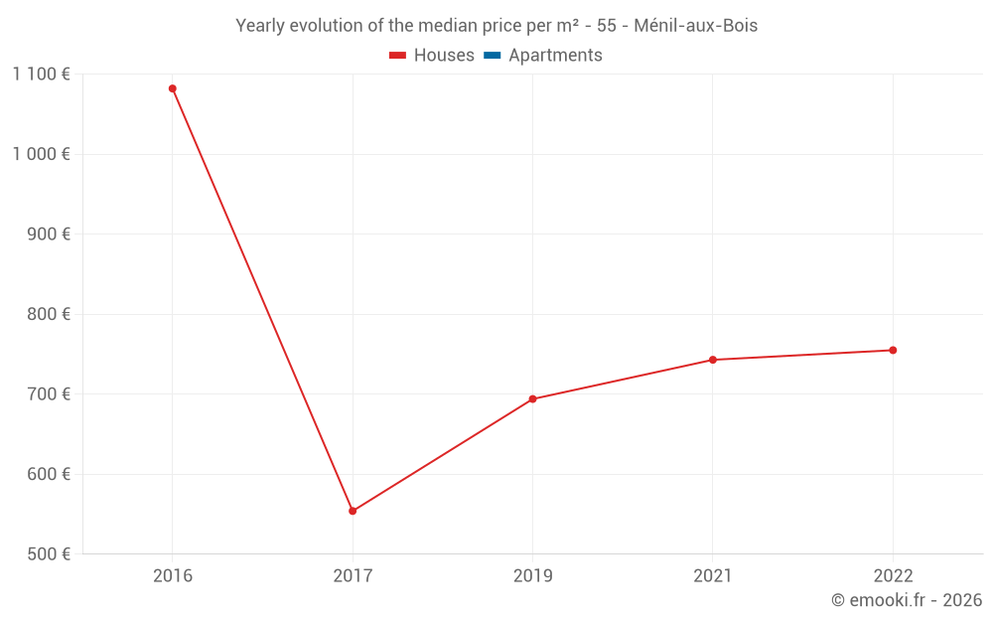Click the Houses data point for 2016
click(173, 88)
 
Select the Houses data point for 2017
click(353, 511)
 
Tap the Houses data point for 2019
click(532, 399)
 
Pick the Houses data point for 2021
click(712, 360)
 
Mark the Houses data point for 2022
click(893, 350)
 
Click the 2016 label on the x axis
click(173, 576)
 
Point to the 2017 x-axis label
click(353, 576)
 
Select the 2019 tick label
click(532, 576)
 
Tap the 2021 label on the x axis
click(712, 576)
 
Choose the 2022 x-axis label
click(893, 576)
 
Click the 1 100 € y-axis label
click(41, 74)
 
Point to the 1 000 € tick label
click(41, 154)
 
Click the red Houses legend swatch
click(398, 56)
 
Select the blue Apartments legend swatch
click(492, 56)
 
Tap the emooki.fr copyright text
click(907, 600)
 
